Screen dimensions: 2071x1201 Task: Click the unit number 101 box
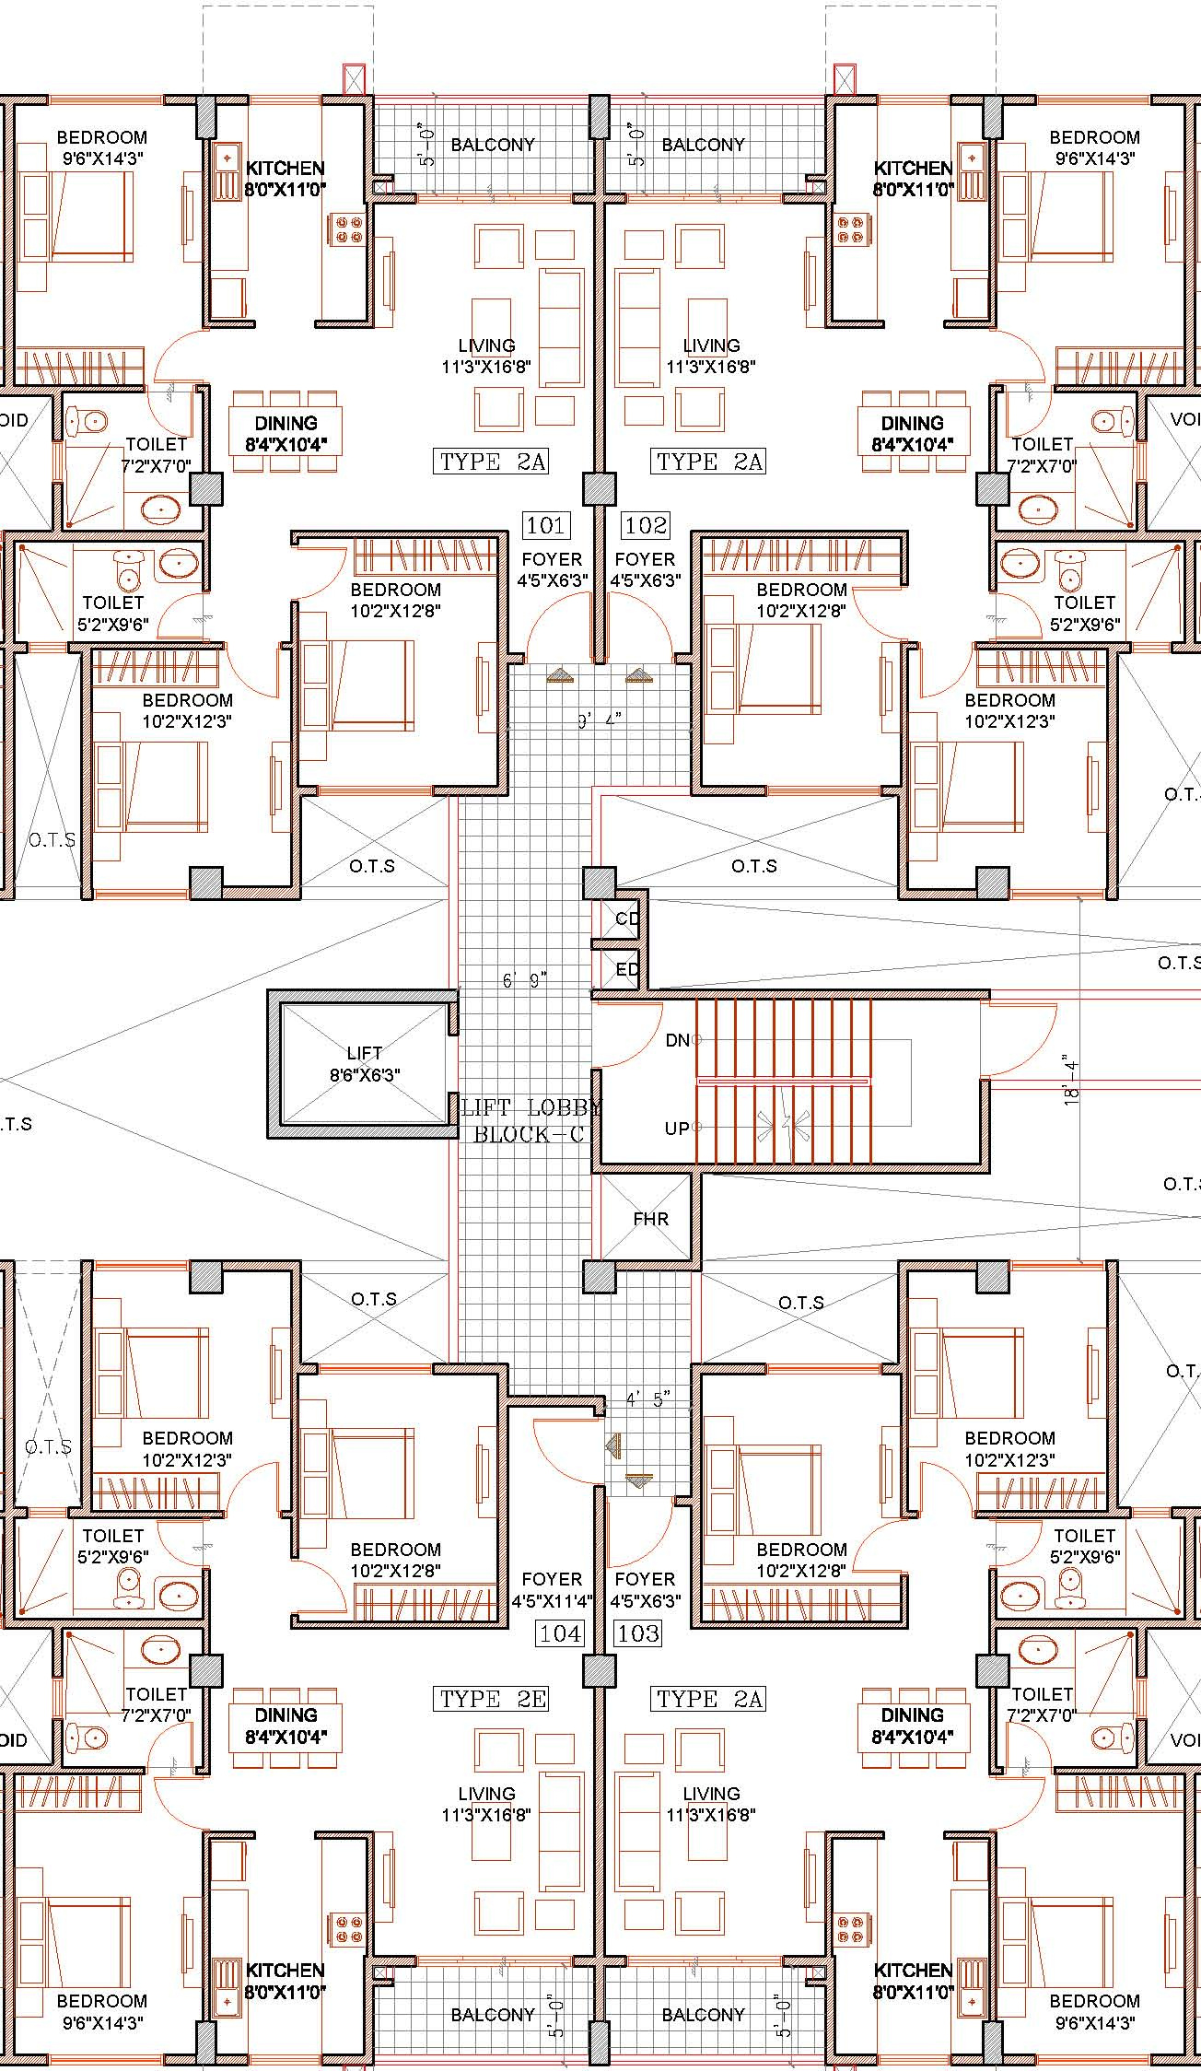[x=545, y=526]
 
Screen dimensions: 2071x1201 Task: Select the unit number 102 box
[x=646, y=526]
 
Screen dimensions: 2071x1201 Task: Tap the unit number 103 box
[x=638, y=1633]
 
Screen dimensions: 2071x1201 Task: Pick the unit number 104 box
[x=560, y=1633]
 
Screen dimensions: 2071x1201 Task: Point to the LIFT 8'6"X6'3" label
[x=365, y=1064]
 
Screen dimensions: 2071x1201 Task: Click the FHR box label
[x=650, y=1219]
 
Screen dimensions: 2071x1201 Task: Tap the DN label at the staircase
[x=678, y=1040]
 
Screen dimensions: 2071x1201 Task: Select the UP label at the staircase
[x=677, y=1129]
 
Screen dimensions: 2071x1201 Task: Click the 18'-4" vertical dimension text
[x=1070, y=1080]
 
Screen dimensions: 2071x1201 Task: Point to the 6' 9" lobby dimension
[x=525, y=980]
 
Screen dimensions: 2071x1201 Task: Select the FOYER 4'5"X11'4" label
[x=552, y=1590]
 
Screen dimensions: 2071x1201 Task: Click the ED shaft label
[x=627, y=969]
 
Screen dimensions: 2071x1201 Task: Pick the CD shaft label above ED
[x=627, y=918]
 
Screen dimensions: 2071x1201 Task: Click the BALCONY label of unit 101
[x=493, y=145]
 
